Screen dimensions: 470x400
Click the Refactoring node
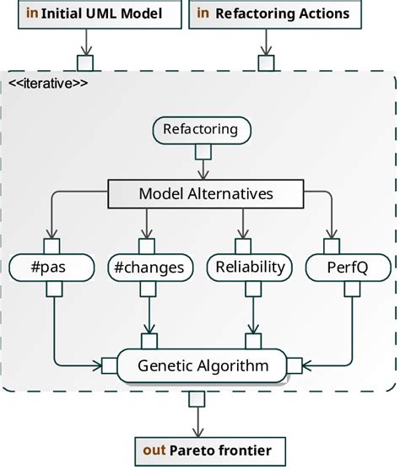[x=201, y=131]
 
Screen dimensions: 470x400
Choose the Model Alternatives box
[x=206, y=194]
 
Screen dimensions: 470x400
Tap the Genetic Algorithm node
[x=203, y=365]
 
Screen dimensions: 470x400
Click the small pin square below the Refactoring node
[x=202, y=152]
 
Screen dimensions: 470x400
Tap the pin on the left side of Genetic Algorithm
[x=107, y=365]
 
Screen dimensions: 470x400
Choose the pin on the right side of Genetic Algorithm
[x=295, y=365]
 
